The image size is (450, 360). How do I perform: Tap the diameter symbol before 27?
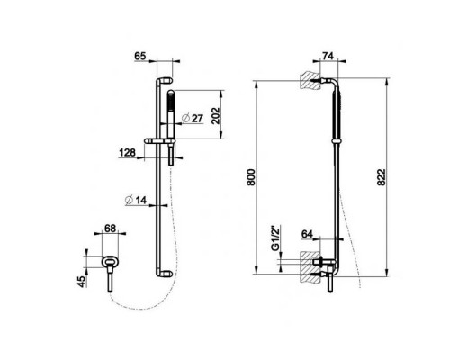tap(184, 118)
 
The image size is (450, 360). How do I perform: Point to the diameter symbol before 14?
tap(130, 201)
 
